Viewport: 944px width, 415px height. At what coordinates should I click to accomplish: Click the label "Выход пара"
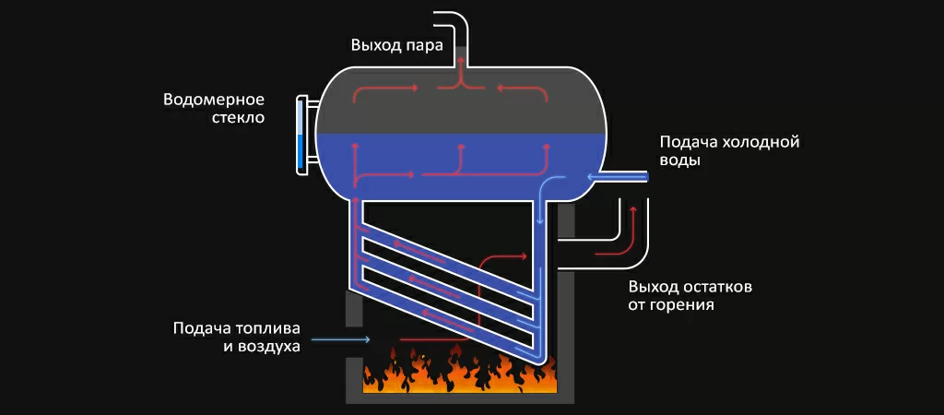click(x=396, y=44)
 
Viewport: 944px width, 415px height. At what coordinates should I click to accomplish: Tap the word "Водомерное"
click(x=214, y=100)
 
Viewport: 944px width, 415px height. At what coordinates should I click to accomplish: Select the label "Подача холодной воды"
click(x=727, y=151)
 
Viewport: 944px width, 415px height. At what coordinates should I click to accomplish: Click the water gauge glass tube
click(x=300, y=134)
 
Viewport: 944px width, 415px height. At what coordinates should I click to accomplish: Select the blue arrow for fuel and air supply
click(x=341, y=340)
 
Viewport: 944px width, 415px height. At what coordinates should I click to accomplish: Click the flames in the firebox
click(x=461, y=369)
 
